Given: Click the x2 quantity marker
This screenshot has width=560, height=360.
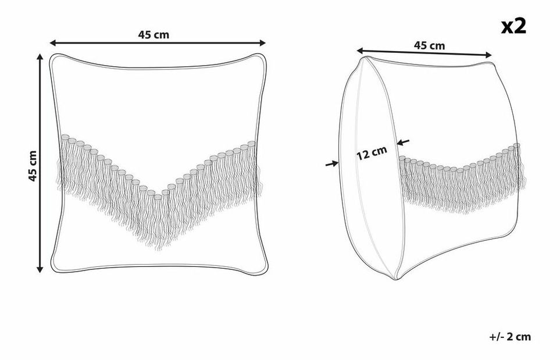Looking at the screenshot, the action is pos(513,26).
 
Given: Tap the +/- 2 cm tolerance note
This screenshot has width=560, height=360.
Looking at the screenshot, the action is pos(510,336).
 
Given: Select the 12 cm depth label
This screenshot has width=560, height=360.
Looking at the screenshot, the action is pos(372,153).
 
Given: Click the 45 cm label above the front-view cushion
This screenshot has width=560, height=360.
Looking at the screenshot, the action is pos(154,35).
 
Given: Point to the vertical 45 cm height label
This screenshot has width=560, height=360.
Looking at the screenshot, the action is pos(33,166).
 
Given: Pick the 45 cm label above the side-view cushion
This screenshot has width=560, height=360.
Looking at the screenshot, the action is pos(429,46).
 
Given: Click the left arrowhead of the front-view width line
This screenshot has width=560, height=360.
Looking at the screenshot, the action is pos(53,43).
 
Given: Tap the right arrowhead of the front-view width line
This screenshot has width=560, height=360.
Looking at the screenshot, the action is pos(262,43).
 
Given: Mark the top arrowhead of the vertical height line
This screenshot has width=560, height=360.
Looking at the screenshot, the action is pos(40,57).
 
